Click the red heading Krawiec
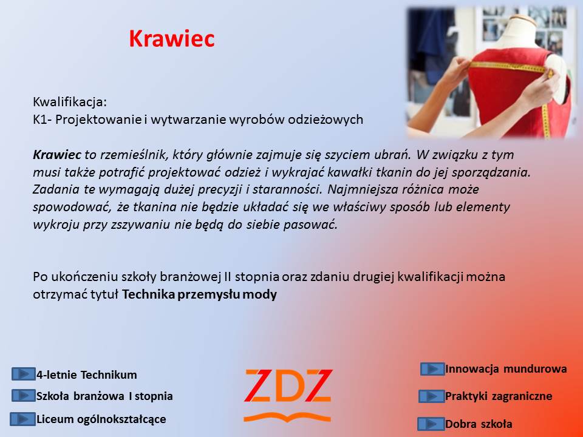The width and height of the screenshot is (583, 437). click(172, 38)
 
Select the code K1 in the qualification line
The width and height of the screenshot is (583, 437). click(40, 120)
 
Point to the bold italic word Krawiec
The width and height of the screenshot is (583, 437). click(57, 155)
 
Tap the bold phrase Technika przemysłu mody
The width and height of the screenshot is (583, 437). click(199, 295)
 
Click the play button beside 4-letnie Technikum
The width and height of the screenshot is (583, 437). click(23, 374)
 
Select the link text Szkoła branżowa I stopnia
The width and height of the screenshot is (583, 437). click(104, 396)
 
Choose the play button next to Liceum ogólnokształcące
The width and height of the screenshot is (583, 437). click(22, 419)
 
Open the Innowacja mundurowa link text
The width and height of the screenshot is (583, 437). click(506, 368)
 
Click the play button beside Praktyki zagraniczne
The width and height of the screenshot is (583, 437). click(431, 396)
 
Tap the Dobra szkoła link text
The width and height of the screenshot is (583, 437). click(479, 424)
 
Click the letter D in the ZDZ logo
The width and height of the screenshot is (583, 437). click(288, 385)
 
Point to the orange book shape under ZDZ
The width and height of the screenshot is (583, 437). click(287, 418)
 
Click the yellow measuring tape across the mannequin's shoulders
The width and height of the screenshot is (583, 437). click(509, 67)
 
